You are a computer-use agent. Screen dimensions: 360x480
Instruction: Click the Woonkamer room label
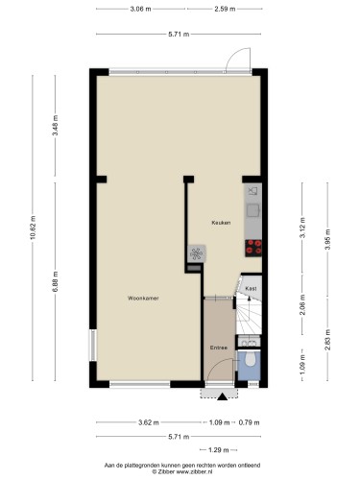tap(143, 299)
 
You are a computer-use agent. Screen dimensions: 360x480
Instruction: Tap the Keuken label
tap(221, 223)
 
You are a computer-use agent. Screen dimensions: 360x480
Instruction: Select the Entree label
tap(219, 348)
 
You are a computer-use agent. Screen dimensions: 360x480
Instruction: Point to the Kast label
tap(251, 289)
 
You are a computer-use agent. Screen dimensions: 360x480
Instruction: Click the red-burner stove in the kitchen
tap(253, 248)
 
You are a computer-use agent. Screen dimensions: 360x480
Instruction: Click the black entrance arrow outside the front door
tap(222, 396)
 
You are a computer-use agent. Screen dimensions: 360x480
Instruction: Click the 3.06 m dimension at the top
tap(140, 9)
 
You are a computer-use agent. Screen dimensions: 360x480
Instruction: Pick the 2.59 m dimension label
tap(225, 9)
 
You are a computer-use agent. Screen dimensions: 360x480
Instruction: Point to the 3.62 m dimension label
tap(149, 422)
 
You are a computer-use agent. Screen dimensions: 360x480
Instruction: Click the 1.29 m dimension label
tap(219, 450)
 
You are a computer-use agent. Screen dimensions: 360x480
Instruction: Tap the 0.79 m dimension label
tap(250, 422)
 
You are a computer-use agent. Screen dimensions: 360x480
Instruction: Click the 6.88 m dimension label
tap(55, 281)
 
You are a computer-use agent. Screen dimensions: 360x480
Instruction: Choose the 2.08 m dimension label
tap(302, 304)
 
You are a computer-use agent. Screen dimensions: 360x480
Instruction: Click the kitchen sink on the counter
tap(253, 210)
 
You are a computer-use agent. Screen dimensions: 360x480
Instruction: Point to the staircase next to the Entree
tap(249, 315)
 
